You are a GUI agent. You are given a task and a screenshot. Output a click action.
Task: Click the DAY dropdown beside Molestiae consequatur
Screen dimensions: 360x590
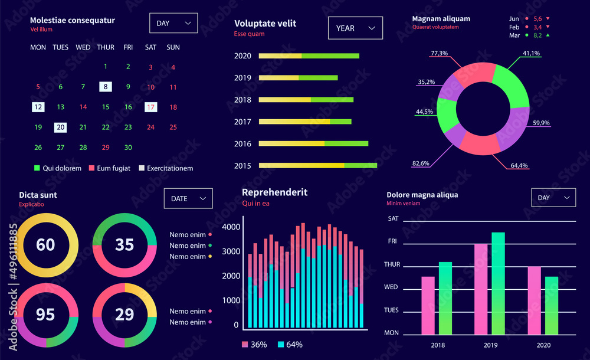(x=173, y=23)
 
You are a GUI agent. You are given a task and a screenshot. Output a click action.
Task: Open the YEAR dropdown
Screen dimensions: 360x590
(x=355, y=28)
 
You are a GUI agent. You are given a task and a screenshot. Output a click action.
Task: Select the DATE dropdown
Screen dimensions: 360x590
(x=188, y=198)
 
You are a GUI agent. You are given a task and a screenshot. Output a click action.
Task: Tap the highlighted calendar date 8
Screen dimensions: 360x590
(x=105, y=87)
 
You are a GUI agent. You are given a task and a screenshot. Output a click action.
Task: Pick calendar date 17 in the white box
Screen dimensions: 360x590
(x=150, y=107)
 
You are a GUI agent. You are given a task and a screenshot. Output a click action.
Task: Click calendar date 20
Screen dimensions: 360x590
(x=60, y=127)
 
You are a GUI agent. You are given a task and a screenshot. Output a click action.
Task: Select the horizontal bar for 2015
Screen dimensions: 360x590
(x=317, y=165)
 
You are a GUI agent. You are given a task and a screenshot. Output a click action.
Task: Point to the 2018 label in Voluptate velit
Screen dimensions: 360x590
(x=242, y=100)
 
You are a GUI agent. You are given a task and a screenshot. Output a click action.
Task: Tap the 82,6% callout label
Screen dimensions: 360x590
(x=421, y=163)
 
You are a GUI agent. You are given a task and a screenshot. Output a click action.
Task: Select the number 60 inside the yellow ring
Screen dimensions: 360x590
(x=45, y=244)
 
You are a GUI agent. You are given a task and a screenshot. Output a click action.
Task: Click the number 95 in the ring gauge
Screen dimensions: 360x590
(x=45, y=315)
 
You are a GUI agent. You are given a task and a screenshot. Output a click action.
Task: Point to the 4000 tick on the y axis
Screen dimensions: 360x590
(x=231, y=227)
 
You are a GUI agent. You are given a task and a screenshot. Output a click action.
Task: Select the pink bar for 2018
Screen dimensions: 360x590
(x=428, y=305)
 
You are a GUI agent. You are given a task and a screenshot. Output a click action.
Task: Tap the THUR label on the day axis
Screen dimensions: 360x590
(x=392, y=264)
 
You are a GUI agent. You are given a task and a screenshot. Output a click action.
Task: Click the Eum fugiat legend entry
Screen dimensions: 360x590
(x=109, y=168)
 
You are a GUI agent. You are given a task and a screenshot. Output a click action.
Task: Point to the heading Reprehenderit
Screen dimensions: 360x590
(x=274, y=192)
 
